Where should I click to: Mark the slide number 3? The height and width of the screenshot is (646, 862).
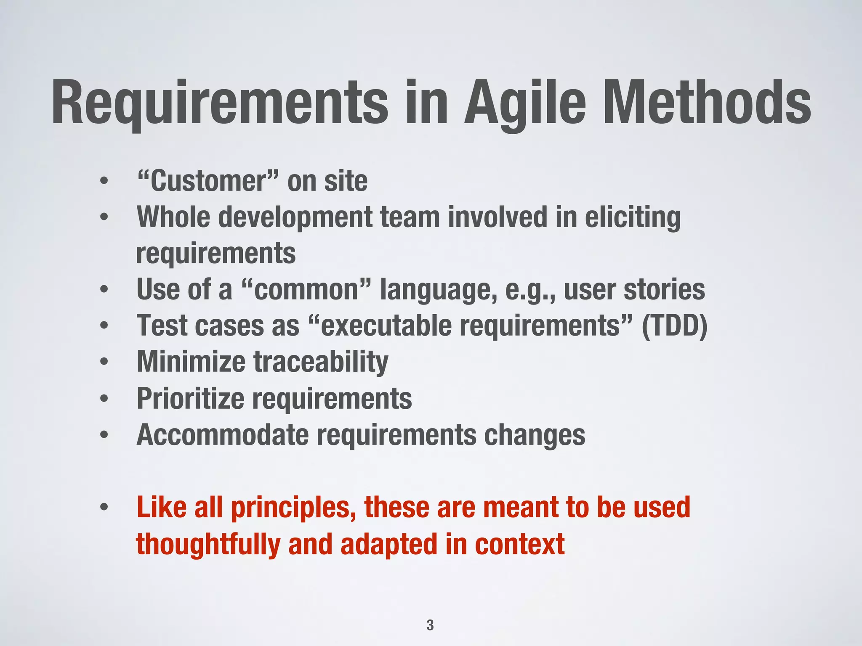pos(430,625)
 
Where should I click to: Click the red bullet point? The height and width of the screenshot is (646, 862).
pos(104,507)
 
